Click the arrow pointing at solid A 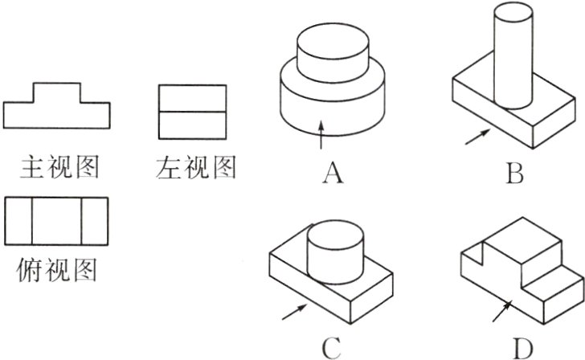click(x=321, y=135)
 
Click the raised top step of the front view click(x=56, y=92)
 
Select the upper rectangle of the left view click(x=193, y=98)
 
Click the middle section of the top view click(x=56, y=219)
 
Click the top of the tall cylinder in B click(x=514, y=12)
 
